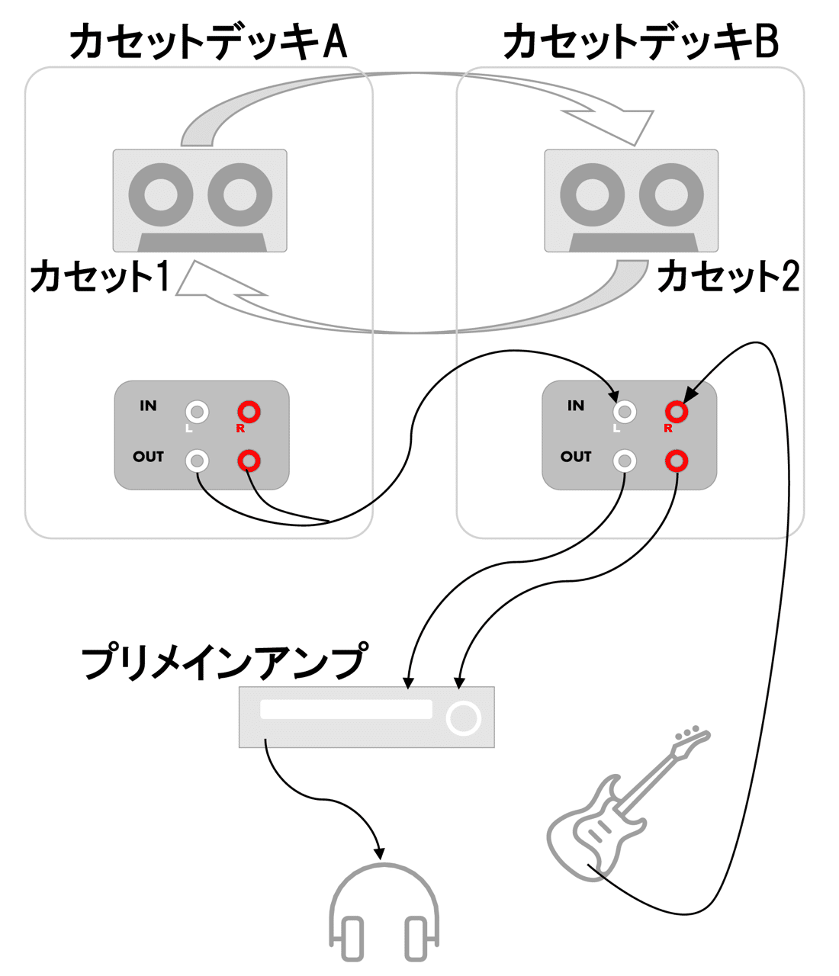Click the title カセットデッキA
[207, 42]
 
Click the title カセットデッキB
[641, 42]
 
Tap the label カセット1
[99, 277]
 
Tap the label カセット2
[728, 277]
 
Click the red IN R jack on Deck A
[249, 413]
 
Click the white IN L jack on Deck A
[198, 413]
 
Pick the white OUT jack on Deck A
[198, 461]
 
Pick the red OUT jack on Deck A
[249, 461]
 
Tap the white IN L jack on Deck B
[625, 413]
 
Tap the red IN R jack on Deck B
[677, 413]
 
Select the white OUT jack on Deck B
[625, 461]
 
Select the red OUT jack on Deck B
[677, 461]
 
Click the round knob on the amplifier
[463, 718]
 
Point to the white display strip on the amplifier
[346, 709]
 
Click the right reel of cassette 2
[671, 194]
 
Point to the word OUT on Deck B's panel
[576, 457]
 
